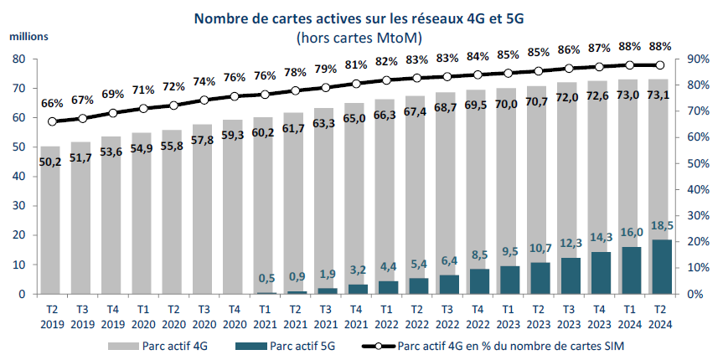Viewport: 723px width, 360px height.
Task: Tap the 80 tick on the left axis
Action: [18, 59]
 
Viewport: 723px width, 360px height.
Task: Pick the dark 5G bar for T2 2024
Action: [659, 267]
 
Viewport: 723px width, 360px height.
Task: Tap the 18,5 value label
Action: [659, 228]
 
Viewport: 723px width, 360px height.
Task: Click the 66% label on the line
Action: [52, 104]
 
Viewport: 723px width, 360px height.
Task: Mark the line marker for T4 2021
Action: [356, 83]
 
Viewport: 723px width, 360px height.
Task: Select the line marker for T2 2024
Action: [659, 65]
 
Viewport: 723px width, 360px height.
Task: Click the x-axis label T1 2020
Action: [143, 316]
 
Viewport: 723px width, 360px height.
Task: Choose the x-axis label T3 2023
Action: [569, 316]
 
